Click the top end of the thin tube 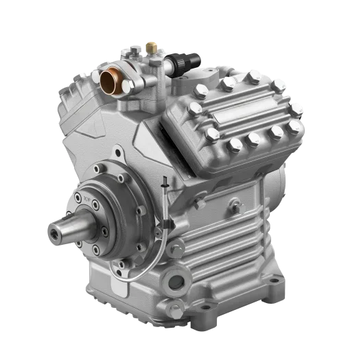pyautogui.click(x=165, y=180)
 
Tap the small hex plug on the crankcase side pyautogui.click(x=235, y=204)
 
